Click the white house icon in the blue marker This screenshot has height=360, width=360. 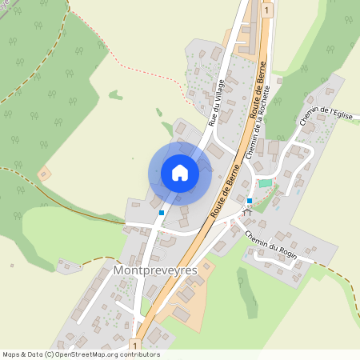[x=180, y=173]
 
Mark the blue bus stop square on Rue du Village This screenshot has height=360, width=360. [x=162, y=213]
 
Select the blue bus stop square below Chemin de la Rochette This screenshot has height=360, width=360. [x=250, y=200]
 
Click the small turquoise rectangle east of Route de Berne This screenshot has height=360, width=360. [x=265, y=183]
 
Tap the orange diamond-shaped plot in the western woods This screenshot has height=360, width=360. [x=45, y=172]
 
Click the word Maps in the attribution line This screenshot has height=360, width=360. [x=11, y=354]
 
